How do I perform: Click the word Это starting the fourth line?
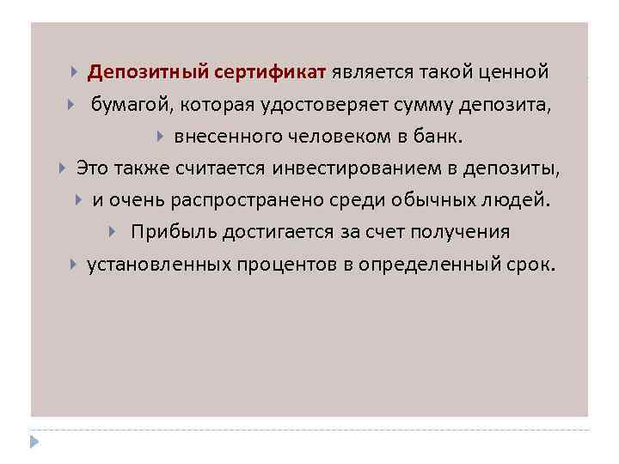[95, 168]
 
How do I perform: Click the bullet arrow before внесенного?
[161, 137]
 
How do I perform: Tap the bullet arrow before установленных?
[74, 265]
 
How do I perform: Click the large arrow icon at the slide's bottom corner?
[34, 442]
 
